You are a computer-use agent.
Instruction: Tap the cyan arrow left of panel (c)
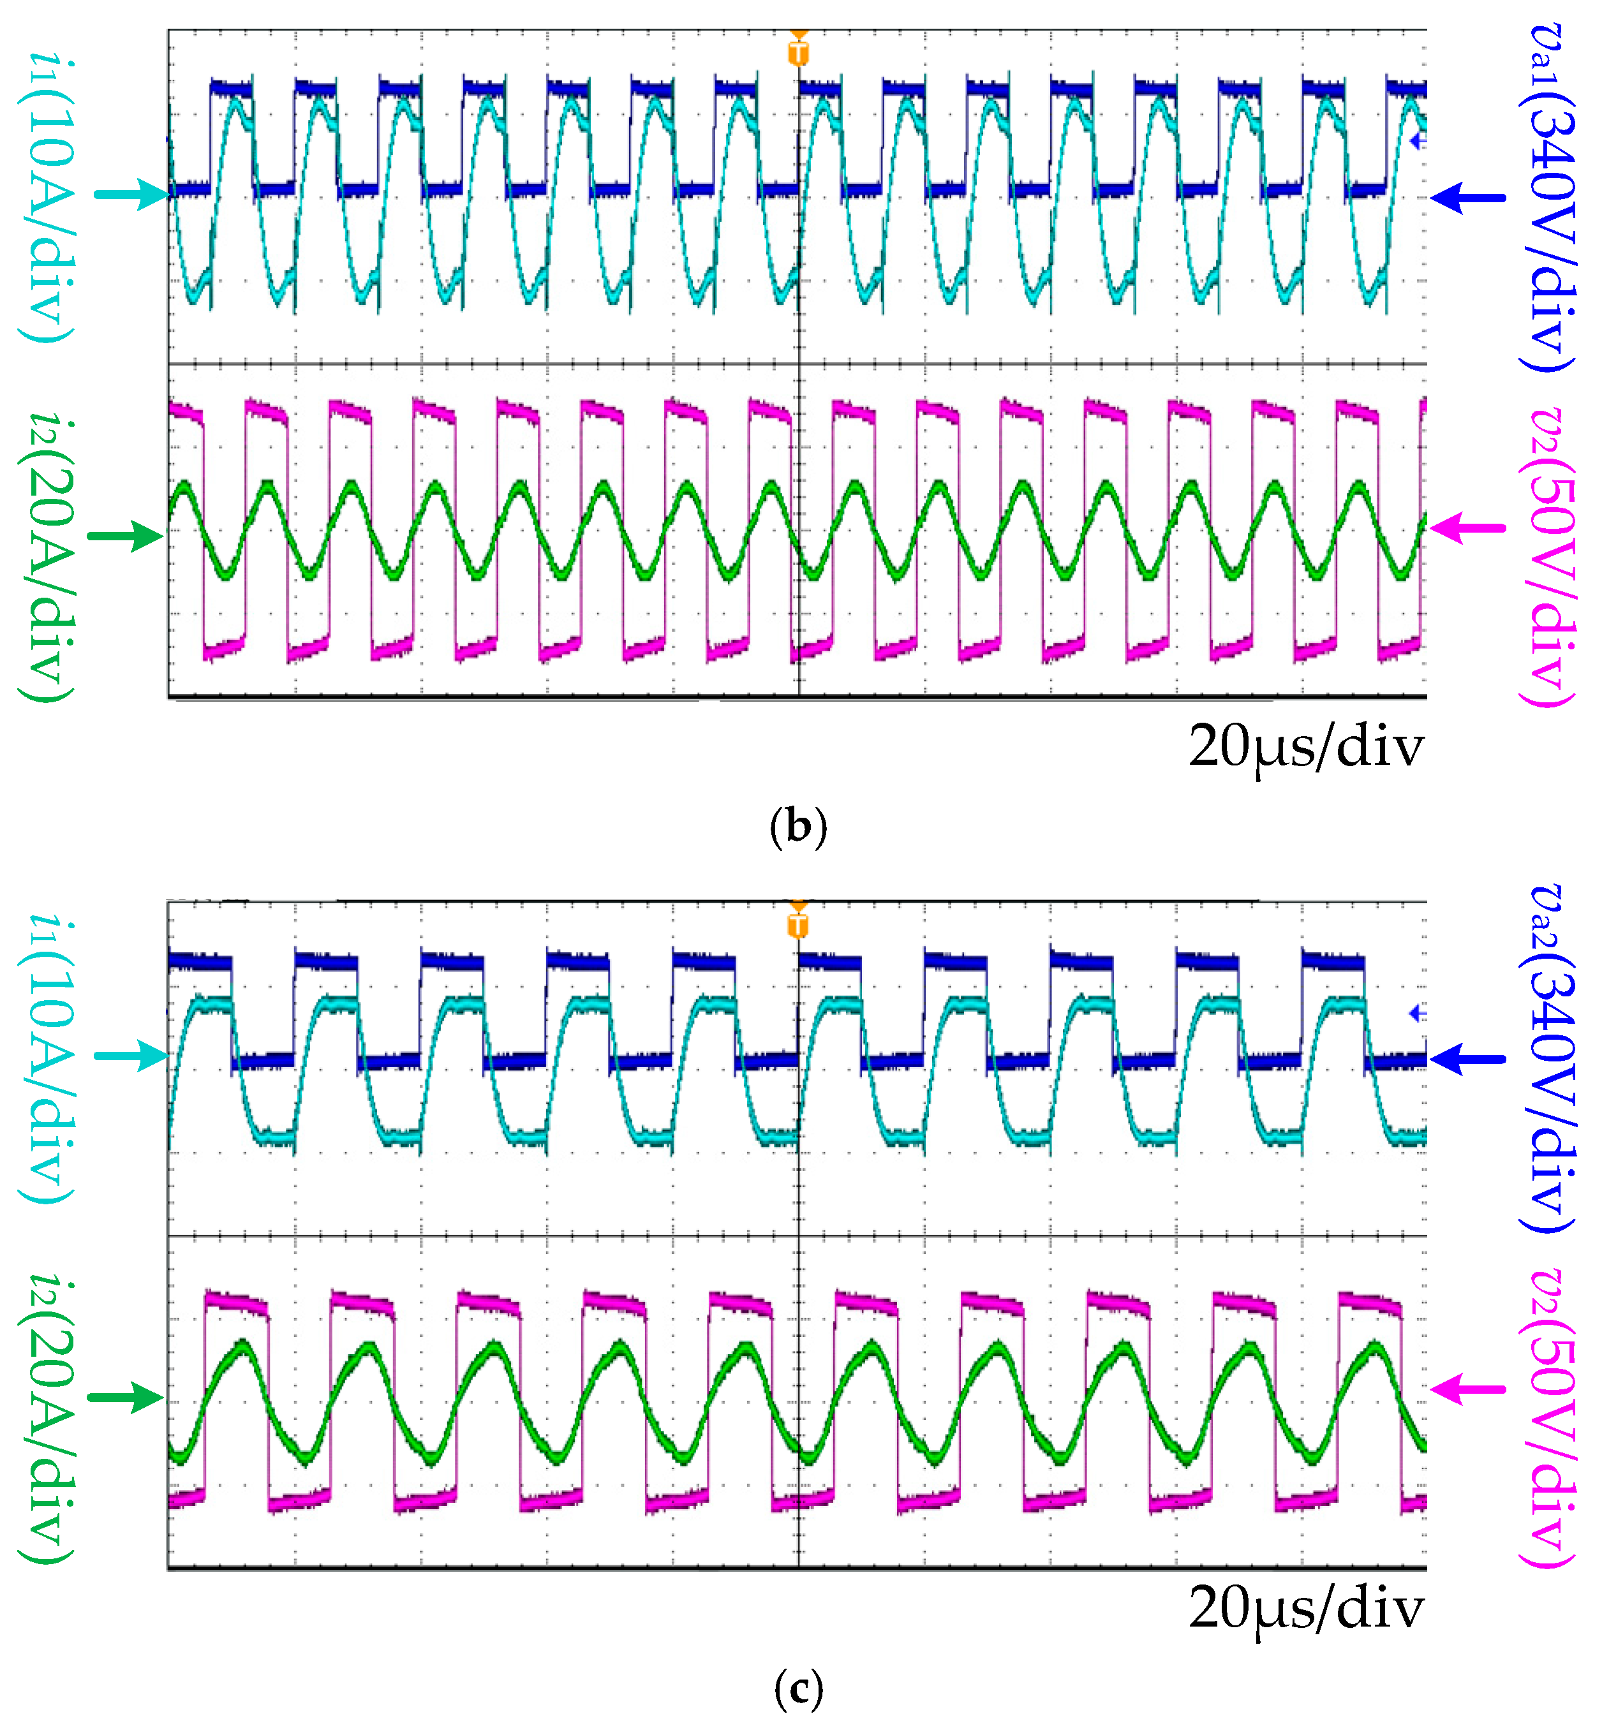(x=132, y=1056)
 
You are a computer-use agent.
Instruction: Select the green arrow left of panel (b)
(x=126, y=536)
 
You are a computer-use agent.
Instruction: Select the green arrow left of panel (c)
(x=126, y=1397)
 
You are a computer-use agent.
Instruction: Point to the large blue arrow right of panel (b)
(x=1469, y=198)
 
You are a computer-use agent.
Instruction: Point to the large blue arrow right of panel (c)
(x=1469, y=1059)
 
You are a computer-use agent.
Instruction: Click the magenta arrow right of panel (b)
(x=1469, y=527)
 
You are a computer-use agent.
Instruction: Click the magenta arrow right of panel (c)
(x=1469, y=1390)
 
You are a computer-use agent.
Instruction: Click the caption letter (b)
(x=798, y=827)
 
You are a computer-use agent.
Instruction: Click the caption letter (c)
(x=798, y=1688)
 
